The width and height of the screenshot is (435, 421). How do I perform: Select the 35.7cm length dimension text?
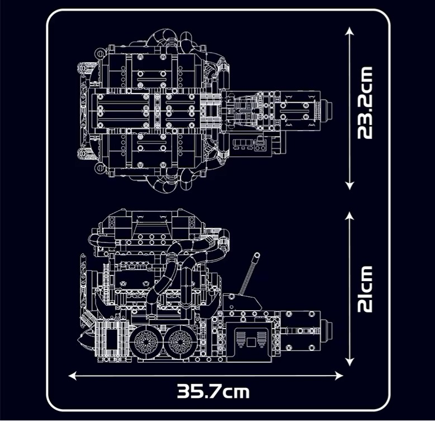[213, 391]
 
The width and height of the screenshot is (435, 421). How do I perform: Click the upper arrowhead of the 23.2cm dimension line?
[349, 32]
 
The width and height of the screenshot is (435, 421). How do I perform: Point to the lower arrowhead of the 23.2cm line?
[349, 186]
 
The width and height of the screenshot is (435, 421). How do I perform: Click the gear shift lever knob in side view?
[256, 256]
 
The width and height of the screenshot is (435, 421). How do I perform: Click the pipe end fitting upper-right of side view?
[224, 233]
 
